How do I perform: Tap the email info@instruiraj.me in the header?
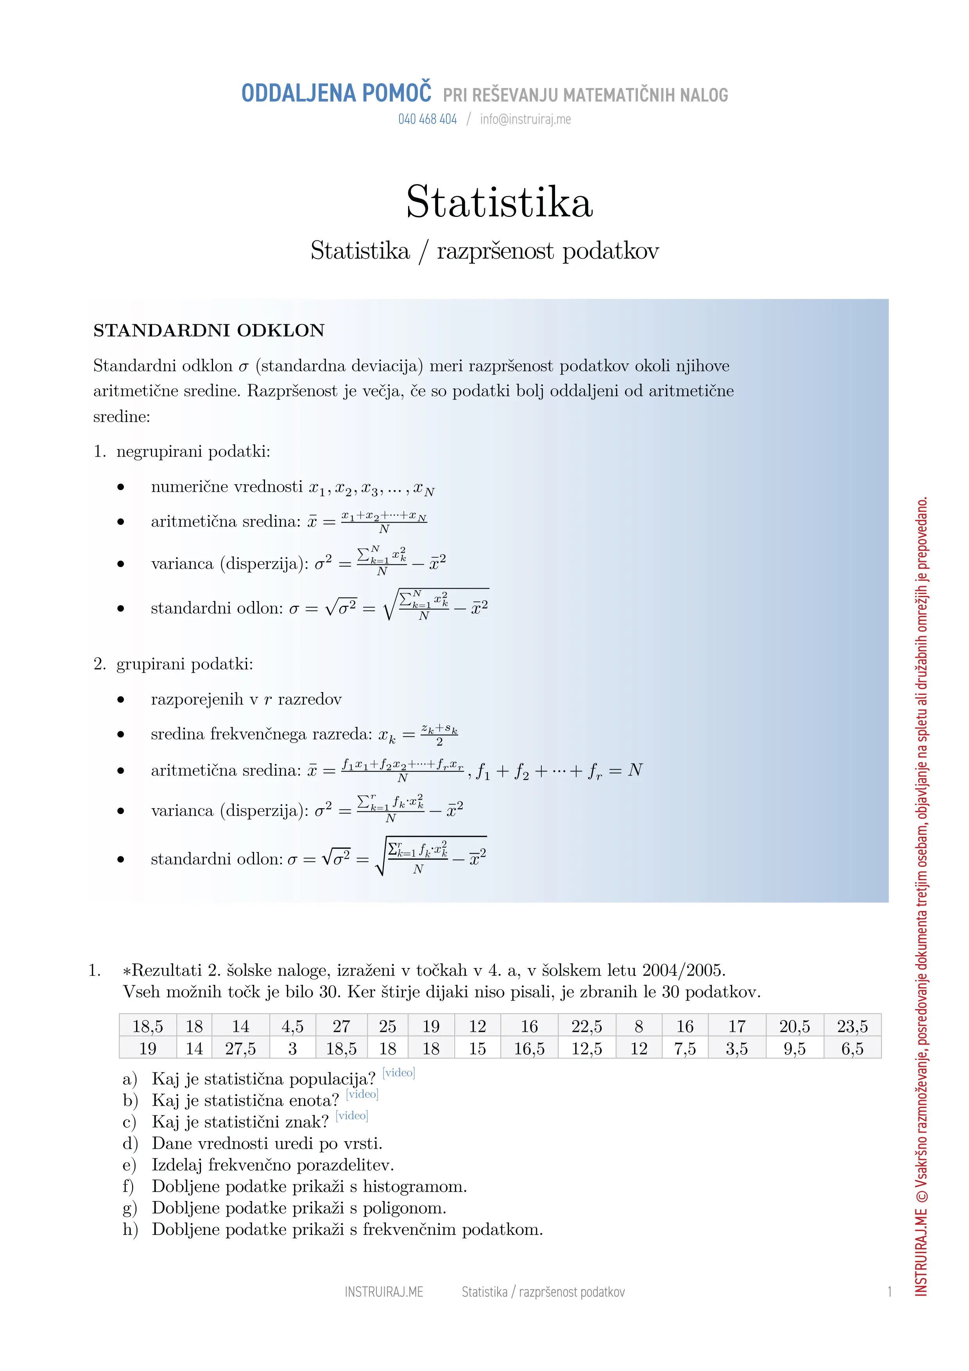click(525, 120)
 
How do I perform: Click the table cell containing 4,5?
click(292, 1026)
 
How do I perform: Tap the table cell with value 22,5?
click(586, 1026)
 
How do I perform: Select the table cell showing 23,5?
click(852, 1026)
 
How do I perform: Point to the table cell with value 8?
click(638, 1026)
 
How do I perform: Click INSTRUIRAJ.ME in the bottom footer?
click(383, 1292)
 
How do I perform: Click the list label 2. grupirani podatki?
click(173, 664)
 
